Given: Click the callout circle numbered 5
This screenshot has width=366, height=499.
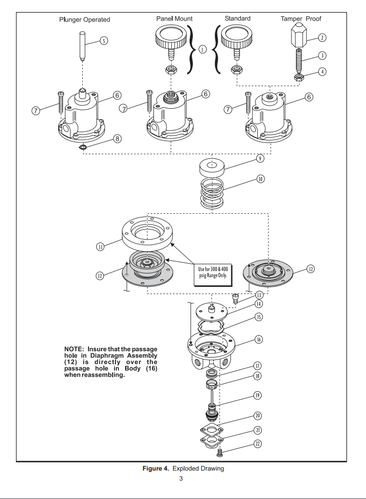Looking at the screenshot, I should click(x=104, y=40).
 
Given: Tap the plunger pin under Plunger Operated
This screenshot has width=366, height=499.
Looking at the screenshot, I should click(x=83, y=46).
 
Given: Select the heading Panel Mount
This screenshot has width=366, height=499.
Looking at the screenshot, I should click(x=174, y=18).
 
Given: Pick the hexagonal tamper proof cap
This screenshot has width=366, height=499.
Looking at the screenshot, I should click(x=298, y=35).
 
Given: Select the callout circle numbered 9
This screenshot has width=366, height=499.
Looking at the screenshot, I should click(x=260, y=158).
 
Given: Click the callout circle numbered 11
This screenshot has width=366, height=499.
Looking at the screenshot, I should click(x=100, y=247).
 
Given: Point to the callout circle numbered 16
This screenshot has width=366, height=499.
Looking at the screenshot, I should click(x=259, y=340).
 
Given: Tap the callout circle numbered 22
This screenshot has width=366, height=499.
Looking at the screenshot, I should click(x=258, y=443).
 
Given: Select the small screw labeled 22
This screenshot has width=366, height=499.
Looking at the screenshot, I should click(x=219, y=452).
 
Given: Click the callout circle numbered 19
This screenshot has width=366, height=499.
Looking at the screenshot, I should click(x=258, y=396).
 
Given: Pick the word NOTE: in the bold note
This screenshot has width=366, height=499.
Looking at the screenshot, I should click(x=74, y=348).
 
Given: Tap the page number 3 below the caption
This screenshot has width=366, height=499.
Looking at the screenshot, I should click(x=181, y=479).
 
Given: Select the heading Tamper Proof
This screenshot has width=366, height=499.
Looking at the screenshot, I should click(x=301, y=19).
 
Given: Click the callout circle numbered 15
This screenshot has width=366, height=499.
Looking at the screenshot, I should click(x=259, y=317).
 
